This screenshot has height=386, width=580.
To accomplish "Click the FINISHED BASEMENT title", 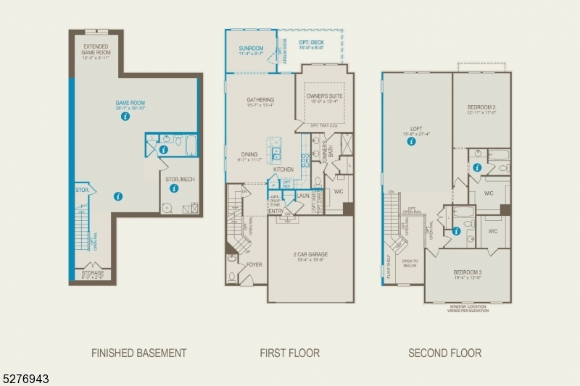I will [x=138, y=353].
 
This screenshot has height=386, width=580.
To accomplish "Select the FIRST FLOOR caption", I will [x=289, y=353].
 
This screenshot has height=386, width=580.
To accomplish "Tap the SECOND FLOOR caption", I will [x=444, y=353].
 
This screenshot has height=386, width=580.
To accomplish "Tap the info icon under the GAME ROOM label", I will [x=125, y=116].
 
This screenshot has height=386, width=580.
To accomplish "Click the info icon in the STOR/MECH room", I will [x=174, y=188].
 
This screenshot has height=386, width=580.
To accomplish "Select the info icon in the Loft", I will [x=411, y=142].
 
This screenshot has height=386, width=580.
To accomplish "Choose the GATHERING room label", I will [x=260, y=102].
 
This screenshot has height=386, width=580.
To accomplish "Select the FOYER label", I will [x=254, y=264].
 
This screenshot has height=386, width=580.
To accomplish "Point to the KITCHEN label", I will [x=283, y=169].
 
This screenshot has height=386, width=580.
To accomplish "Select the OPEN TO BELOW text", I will [x=410, y=263].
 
